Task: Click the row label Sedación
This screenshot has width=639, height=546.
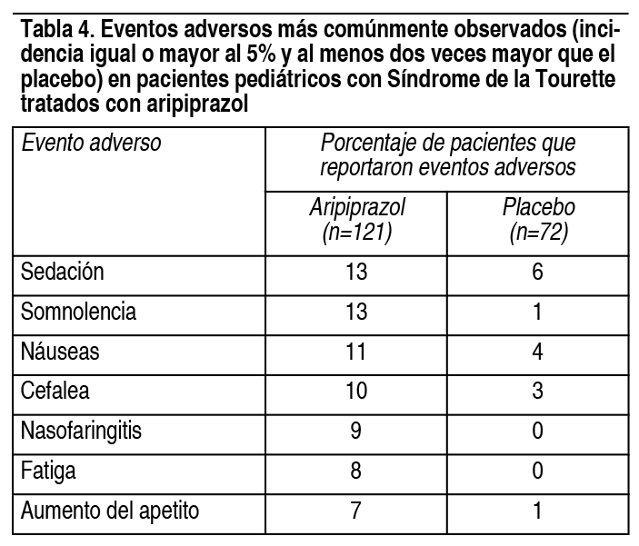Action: tap(63, 272)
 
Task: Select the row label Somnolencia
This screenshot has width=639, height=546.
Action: tap(78, 312)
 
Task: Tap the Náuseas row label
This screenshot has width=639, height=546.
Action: tap(60, 352)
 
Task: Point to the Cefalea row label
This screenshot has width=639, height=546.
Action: tap(55, 391)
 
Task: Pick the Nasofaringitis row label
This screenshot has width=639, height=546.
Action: tap(81, 431)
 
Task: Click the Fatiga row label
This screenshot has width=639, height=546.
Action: tap(48, 471)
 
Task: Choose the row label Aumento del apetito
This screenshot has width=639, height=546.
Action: tap(110, 511)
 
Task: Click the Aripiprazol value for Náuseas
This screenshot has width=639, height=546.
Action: tap(356, 352)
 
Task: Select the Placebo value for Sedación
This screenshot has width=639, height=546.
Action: tap(537, 272)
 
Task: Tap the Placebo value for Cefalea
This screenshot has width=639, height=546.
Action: tap(537, 391)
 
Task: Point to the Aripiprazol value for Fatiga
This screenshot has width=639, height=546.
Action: tap(355, 471)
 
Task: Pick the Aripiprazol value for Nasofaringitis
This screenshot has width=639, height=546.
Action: tap(355, 431)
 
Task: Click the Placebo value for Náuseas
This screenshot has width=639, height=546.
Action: tap(537, 352)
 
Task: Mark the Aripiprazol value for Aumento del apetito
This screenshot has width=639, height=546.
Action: tap(355, 511)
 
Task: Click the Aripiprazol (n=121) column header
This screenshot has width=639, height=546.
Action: tap(357, 221)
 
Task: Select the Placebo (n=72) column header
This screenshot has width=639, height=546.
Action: tap(538, 221)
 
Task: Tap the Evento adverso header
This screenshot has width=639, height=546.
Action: tap(91, 143)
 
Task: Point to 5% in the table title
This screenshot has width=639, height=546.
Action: tap(261, 55)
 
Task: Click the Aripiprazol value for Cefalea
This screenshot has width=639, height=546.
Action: tap(356, 391)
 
